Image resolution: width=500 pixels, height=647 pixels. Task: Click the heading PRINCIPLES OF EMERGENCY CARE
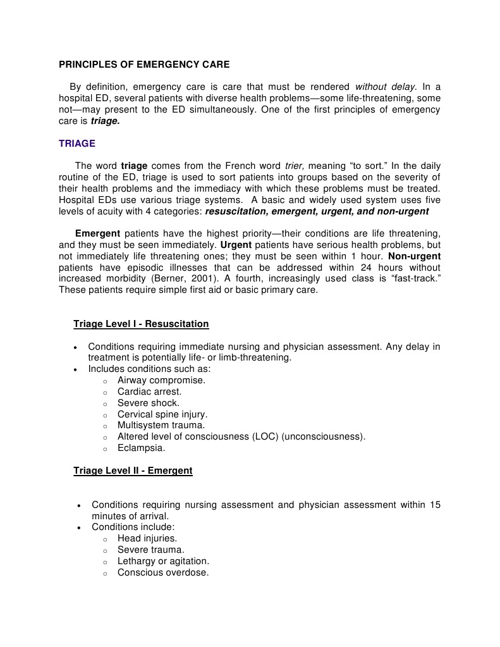point(144,65)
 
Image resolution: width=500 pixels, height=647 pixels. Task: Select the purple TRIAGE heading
point(77,144)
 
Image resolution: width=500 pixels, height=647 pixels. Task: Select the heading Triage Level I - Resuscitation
point(141,324)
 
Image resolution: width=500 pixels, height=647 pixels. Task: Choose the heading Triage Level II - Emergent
point(133,471)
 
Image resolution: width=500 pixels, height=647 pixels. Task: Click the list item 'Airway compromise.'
point(161,380)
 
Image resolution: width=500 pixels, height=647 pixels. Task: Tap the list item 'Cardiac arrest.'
point(149,391)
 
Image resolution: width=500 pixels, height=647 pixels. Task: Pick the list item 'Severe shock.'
point(148,403)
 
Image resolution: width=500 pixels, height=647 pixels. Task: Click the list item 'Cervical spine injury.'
point(162,414)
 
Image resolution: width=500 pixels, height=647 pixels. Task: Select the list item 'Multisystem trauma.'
point(161,426)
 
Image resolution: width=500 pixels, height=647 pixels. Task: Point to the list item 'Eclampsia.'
point(141,448)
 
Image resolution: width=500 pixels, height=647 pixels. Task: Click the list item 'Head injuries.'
point(147,538)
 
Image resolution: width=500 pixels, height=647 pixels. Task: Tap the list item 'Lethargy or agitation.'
point(163,561)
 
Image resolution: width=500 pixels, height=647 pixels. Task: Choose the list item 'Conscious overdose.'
point(163,572)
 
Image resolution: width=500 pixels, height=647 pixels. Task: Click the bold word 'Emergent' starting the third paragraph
point(98,233)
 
